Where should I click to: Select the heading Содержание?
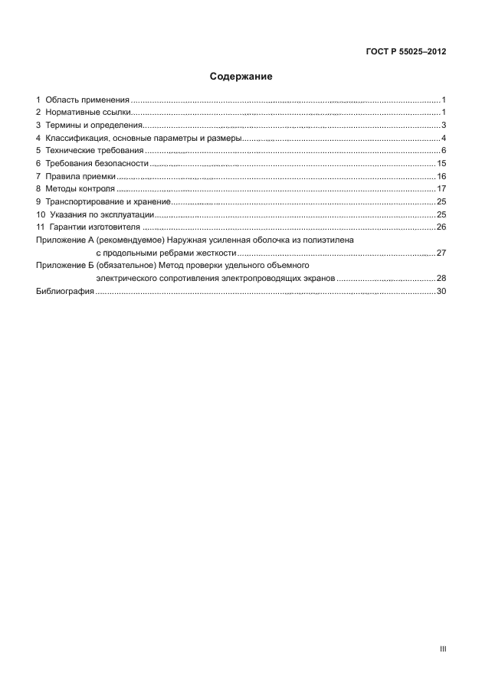[x=241, y=77]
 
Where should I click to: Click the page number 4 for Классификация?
[x=444, y=138]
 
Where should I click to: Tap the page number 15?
[x=441, y=163]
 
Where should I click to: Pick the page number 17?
[x=441, y=188]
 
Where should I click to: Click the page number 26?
[x=441, y=227]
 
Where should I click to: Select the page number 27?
[x=441, y=252]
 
